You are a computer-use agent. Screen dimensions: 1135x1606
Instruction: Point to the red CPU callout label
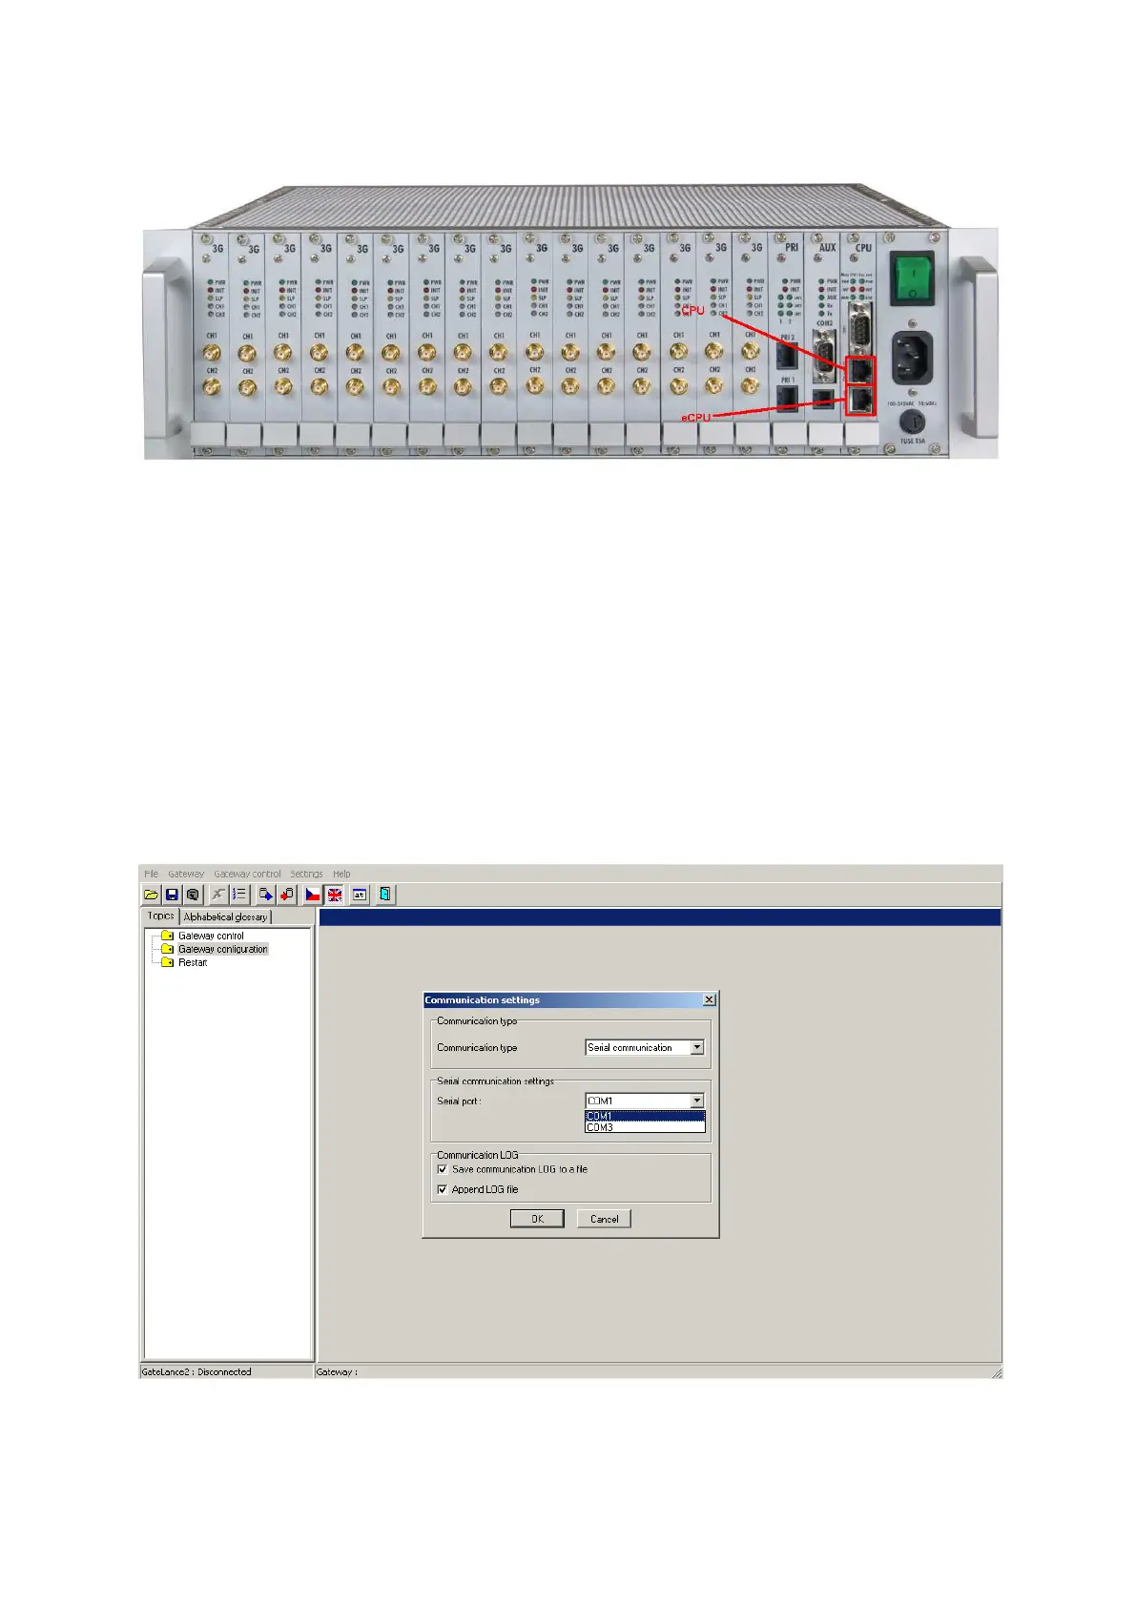693,310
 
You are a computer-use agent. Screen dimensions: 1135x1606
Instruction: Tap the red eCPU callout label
695,417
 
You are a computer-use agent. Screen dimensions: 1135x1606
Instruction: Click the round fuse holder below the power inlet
912,422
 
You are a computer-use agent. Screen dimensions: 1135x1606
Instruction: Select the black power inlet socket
912,359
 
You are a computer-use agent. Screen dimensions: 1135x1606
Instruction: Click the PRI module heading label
792,247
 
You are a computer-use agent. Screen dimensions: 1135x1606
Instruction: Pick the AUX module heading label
827,247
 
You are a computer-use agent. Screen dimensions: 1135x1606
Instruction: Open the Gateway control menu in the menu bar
247,874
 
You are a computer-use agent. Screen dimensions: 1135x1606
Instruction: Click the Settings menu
306,874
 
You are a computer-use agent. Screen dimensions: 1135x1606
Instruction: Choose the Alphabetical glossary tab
225,916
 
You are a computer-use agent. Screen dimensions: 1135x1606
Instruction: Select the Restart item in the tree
193,962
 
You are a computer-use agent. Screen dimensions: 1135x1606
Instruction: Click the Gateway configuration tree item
222,949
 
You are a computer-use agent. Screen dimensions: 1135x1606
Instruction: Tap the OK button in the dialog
537,1219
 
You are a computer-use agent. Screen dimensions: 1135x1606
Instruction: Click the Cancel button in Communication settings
604,1219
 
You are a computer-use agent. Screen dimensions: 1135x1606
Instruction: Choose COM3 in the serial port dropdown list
601,1127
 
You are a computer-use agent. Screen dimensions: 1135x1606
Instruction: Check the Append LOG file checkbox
443,1189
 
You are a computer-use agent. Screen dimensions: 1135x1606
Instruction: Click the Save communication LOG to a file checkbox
443,1169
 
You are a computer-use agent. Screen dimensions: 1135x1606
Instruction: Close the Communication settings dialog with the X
709,999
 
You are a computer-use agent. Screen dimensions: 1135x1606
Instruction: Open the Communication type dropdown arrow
697,1047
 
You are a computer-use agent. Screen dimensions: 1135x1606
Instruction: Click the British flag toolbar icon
335,895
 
